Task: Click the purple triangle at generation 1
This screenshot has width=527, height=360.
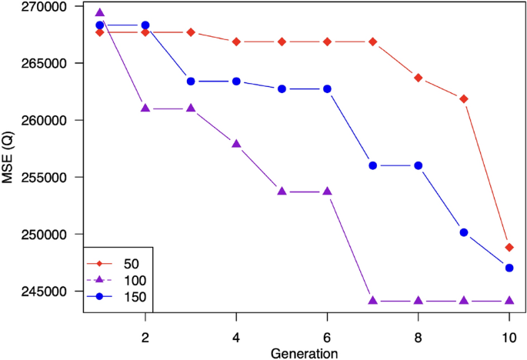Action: tap(99, 13)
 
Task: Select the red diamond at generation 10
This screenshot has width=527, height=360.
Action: tap(509, 248)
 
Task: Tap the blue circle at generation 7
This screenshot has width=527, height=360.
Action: tap(373, 165)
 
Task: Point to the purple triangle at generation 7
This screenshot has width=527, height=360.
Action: tap(373, 301)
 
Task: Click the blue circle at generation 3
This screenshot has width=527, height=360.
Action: tap(191, 81)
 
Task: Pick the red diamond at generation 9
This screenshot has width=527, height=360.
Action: tap(464, 99)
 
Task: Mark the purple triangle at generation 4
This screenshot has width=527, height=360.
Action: tap(236, 144)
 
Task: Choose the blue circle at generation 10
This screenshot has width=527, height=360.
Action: tap(509, 268)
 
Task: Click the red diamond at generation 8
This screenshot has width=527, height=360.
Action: tap(419, 78)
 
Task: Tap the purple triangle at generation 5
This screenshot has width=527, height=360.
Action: tap(282, 191)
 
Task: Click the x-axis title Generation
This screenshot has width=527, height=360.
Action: tap(304, 353)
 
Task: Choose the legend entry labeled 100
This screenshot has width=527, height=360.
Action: tap(124, 280)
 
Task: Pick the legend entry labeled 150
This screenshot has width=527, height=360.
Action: tap(124, 296)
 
